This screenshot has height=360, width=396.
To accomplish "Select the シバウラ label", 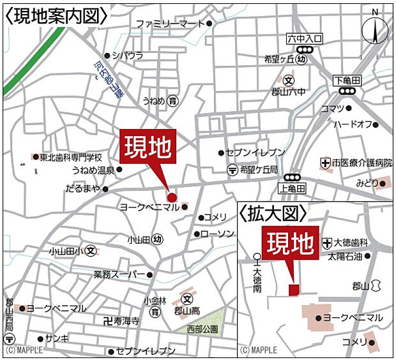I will pyautogui.click(x=128, y=56).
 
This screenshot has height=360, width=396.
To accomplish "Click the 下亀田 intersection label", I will pyautogui.click(x=347, y=80).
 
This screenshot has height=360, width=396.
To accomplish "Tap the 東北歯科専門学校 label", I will pyautogui.click(x=71, y=158).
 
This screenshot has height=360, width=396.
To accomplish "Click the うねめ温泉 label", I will pyautogui.click(x=93, y=170).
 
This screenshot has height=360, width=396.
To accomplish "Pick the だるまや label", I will pyautogui.click(x=83, y=189).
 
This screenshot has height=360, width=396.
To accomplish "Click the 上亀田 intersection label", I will pyautogui.click(x=293, y=188).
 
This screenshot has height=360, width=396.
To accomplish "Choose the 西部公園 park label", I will pyautogui.click(x=202, y=329).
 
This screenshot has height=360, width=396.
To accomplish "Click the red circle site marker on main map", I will pyautogui.click(x=171, y=197).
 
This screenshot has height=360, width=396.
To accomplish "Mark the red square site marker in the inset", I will pyautogui.click(x=293, y=290).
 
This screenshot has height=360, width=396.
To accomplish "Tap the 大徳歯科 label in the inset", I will pyautogui.click(x=351, y=243).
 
